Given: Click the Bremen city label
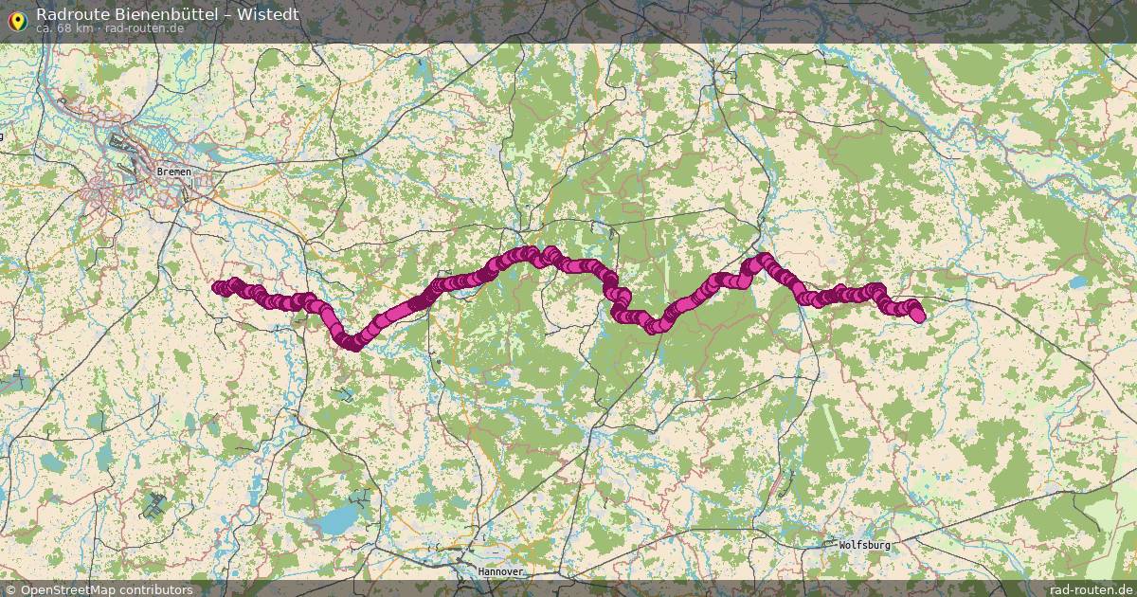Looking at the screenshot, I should (x=173, y=172).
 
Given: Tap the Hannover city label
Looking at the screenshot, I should (x=500, y=572).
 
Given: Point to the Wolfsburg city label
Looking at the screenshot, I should (x=864, y=546).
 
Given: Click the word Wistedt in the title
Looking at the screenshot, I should (x=268, y=13).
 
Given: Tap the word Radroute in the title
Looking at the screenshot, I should (x=67, y=13).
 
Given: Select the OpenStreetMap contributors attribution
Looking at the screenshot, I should (x=106, y=589).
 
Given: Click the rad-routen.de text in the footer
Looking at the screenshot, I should (x=1092, y=589).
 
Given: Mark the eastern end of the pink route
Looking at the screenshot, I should (x=918, y=316).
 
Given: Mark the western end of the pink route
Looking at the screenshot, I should (x=218, y=287).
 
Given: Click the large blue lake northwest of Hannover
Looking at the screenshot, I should (x=334, y=518).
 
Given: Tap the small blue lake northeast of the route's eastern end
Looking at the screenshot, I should (x=1078, y=282).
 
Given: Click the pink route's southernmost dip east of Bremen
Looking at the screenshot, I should (x=351, y=343).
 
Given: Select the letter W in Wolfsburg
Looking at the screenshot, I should (x=842, y=546).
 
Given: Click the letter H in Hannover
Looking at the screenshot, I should (x=480, y=572).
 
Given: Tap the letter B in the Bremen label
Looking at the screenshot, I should (x=159, y=172).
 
